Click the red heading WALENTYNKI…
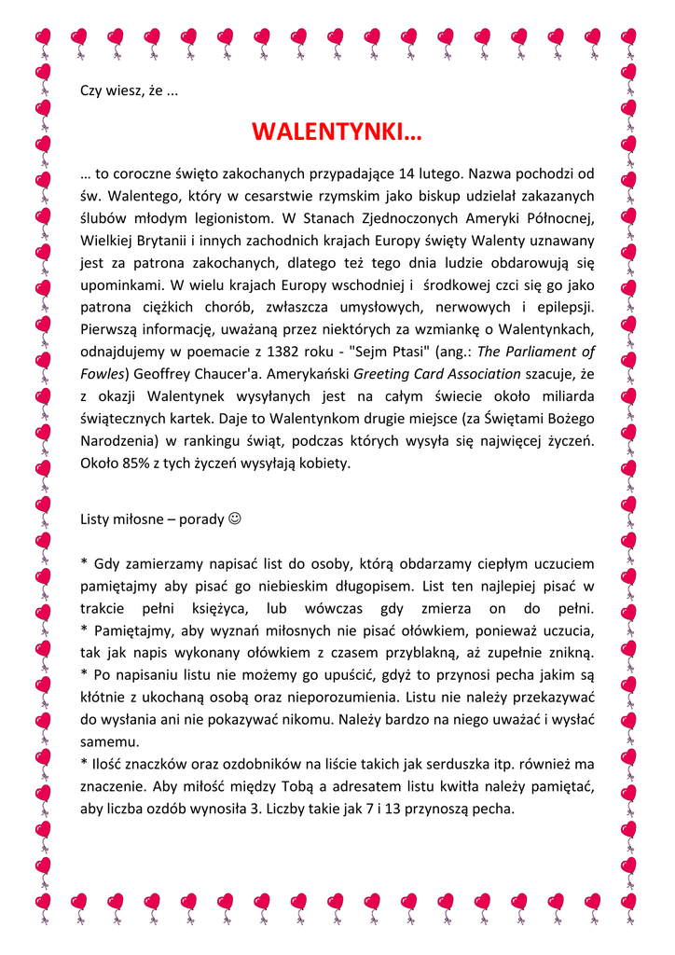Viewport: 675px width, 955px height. (x=337, y=132)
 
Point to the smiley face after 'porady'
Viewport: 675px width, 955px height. (x=234, y=519)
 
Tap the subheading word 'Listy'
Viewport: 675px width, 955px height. (x=96, y=519)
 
